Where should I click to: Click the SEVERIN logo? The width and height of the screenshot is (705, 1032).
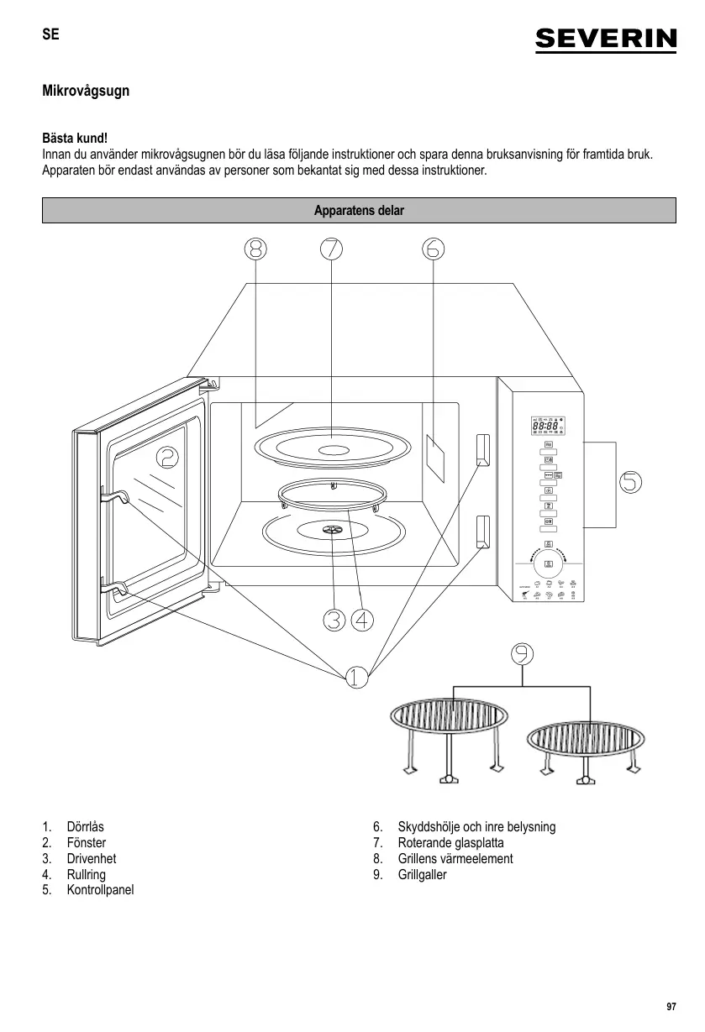pos(605,39)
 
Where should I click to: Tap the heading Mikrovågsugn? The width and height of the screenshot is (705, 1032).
pos(86,90)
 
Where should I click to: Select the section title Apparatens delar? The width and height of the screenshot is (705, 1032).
pos(359,211)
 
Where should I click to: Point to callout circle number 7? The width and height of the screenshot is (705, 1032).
pos(331,249)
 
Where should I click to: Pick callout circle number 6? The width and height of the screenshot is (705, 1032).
pos(433,249)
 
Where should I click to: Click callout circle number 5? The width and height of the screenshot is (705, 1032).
pos(631,481)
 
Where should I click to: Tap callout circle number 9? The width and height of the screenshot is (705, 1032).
pos(523,653)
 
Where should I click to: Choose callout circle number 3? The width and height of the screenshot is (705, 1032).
pos(334,620)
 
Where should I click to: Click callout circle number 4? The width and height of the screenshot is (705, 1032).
pos(362,620)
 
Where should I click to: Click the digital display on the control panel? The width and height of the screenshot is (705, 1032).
pos(547,427)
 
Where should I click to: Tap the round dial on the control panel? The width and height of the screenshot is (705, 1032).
pos(548,563)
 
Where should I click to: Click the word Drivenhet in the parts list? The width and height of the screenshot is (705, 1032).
pos(91,858)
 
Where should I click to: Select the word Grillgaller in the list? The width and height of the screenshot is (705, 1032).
pos(422,874)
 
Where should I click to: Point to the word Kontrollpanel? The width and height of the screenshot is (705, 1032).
pos(100,890)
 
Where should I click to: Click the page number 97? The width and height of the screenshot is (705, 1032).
pos(671,1007)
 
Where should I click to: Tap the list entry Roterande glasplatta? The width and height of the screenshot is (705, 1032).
pos(450,842)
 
